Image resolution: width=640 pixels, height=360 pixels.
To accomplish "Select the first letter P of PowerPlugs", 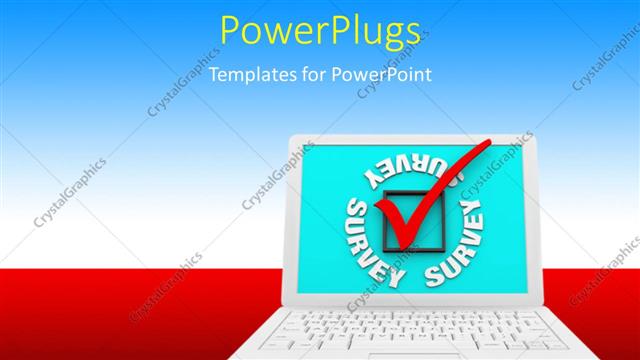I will click(231, 32).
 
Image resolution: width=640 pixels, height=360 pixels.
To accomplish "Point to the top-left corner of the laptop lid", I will click(291, 139).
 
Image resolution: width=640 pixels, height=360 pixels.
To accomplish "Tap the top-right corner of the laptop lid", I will click(531, 138).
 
